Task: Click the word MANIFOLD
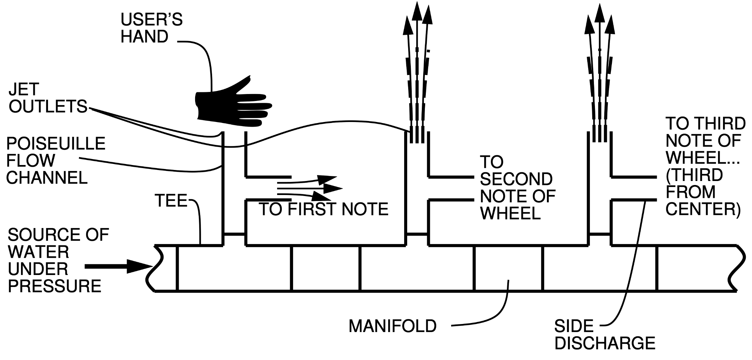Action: (392, 326)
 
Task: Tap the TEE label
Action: (171, 201)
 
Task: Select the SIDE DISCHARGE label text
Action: (604, 334)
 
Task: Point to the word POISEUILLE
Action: (56, 144)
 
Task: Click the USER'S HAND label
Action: (151, 28)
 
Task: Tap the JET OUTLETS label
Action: (47, 98)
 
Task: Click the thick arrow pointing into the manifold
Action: (118, 266)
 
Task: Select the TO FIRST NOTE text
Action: (323, 209)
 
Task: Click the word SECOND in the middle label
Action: (516, 179)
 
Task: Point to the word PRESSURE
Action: (54, 286)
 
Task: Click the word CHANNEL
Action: (47, 178)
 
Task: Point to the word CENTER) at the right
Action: (703, 209)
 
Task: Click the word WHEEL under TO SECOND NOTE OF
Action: (510, 213)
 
